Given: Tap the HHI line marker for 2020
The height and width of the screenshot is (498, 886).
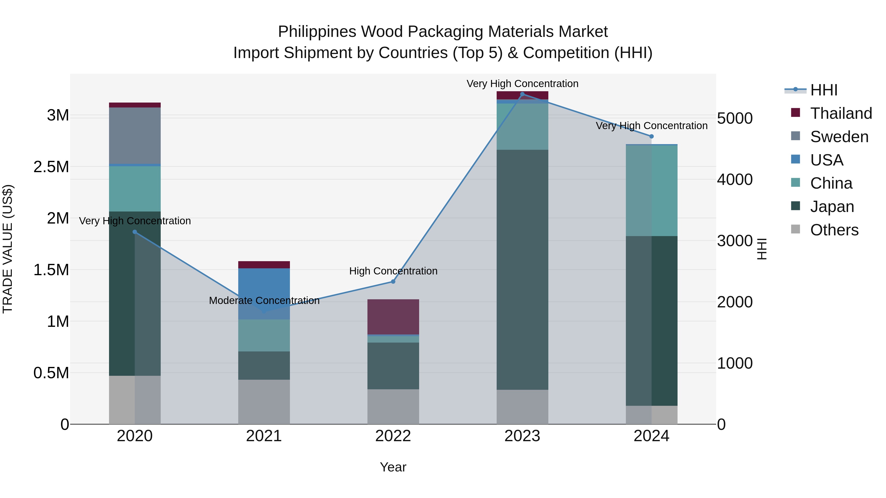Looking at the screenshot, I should click(x=135, y=232).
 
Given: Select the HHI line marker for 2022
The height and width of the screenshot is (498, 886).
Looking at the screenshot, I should click(x=393, y=282).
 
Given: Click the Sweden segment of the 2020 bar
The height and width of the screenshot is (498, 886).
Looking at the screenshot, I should click(x=135, y=136).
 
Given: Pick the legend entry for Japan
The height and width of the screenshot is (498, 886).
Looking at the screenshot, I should click(x=832, y=207).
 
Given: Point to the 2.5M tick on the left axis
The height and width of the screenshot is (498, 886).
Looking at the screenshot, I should click(x=51, y=167).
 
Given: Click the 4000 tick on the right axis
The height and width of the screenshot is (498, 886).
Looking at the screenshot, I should click(x=735, y=180).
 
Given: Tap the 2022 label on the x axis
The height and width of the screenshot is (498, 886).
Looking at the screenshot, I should click(x=393, y=436).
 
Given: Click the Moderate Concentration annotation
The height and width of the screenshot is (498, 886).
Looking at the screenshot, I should click(x=264, y=300).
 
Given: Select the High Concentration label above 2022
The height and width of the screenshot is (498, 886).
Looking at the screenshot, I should click(x=393, y=271).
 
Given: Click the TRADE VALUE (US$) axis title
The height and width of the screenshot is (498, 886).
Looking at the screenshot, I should click(x=8, y=249).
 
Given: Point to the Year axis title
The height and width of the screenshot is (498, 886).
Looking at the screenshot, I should click(x=393, y=467).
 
